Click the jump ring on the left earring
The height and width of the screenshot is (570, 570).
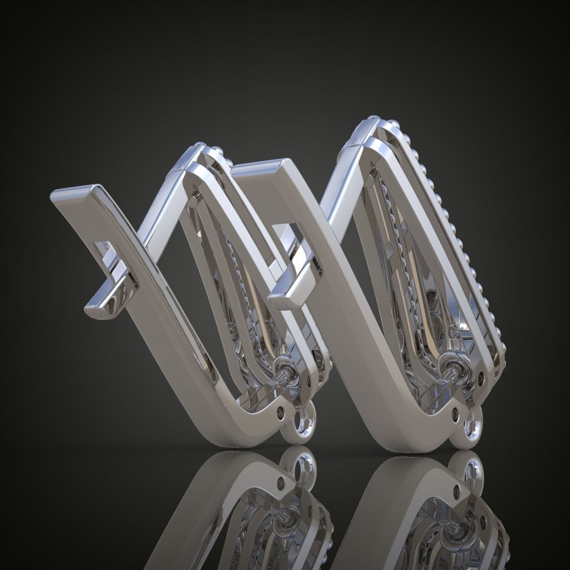point(303,426)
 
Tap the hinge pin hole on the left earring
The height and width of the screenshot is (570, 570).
point(279,413)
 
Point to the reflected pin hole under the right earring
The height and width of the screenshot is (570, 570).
point(457,490)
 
